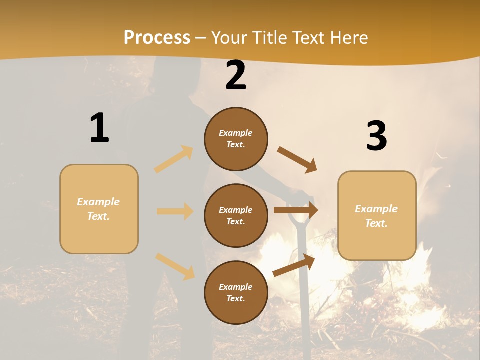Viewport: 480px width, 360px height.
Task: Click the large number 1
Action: point(99,128)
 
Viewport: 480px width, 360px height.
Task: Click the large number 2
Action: point(236,76)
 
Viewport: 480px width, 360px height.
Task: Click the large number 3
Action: point(376,136)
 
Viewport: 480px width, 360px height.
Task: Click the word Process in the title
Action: point(157,38)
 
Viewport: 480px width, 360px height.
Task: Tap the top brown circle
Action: point(236,139)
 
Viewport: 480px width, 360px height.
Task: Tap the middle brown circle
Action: point(236,215)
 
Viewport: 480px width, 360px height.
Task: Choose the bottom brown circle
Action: point(236,292)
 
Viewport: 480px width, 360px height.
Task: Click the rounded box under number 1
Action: point(99,209)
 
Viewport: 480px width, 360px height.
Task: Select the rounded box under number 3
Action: point(377,215)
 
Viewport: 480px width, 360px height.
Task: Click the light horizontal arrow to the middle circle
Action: point(175,211)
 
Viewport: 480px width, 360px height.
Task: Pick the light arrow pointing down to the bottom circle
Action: point(175,266)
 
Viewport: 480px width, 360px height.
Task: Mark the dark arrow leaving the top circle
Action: point(297,160)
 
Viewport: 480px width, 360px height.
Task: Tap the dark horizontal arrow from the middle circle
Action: point(295,210)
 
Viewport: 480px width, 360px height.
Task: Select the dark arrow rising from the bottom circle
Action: point(294,265)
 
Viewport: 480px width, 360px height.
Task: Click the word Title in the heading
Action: point(270,38)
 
